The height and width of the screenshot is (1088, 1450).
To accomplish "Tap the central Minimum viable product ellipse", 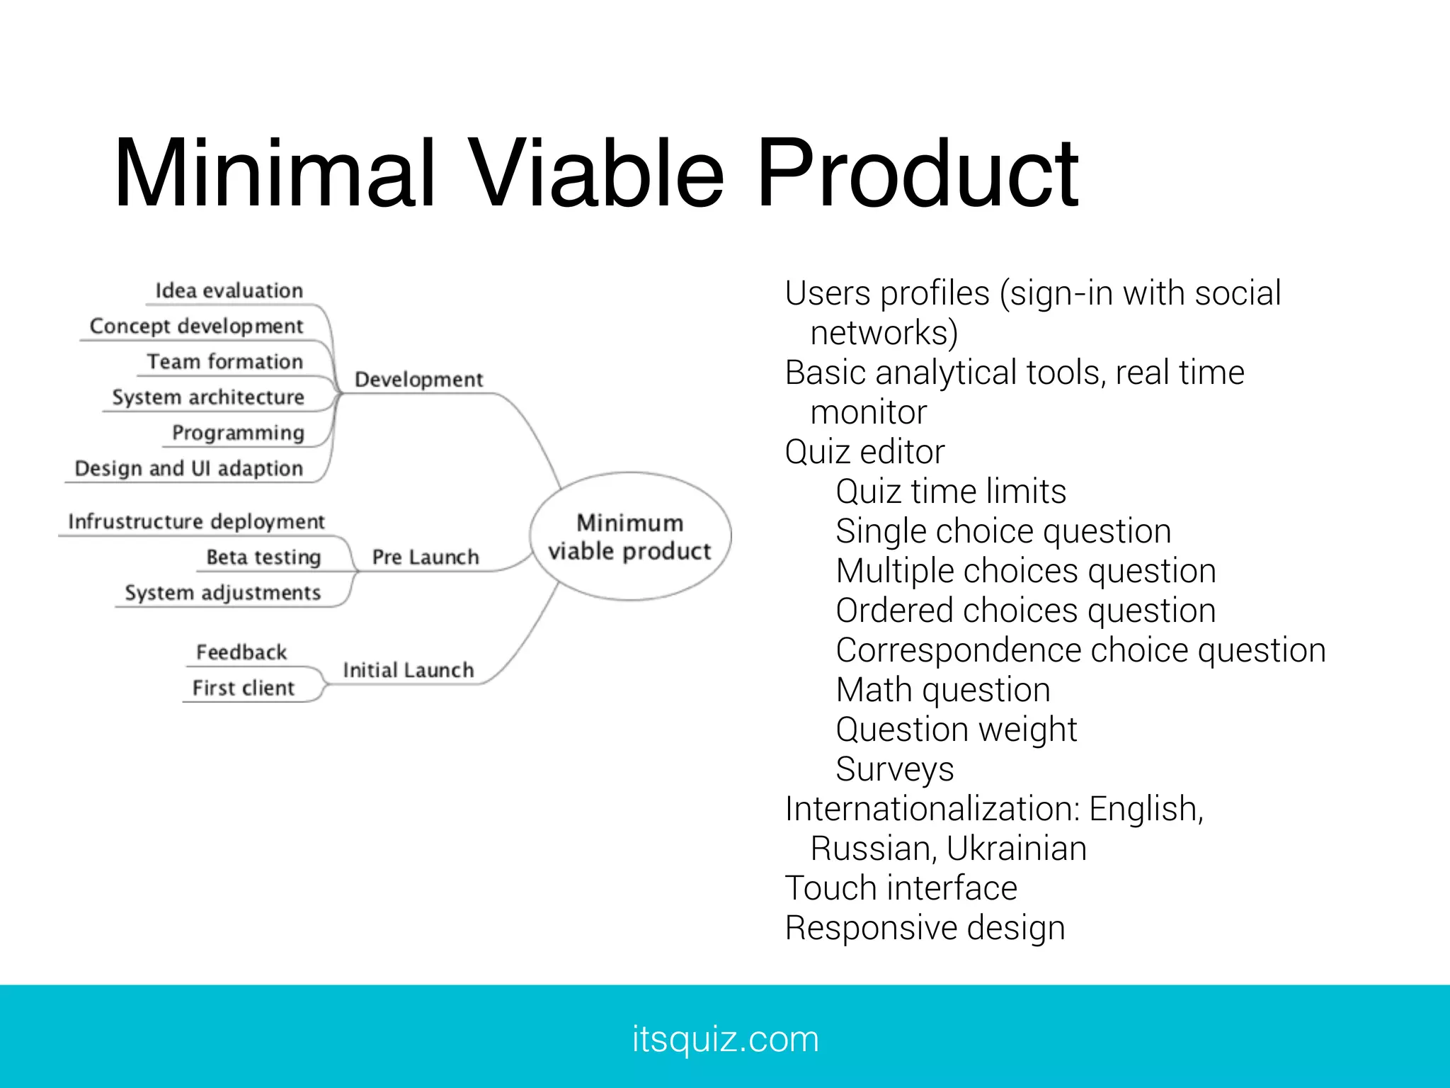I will click(629, 537).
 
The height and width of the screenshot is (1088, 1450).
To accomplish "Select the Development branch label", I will click(418, 380).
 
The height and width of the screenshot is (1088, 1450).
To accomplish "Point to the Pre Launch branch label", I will click(425, 557).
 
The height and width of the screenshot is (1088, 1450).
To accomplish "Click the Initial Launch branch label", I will click(408, 670).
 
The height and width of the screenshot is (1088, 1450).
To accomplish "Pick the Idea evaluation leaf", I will click(229, 291).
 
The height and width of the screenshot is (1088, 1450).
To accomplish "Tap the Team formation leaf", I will click(224, 362).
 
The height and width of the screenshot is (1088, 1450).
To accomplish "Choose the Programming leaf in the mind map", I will click(238, 433).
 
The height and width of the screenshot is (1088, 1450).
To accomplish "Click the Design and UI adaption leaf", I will click(188, 468).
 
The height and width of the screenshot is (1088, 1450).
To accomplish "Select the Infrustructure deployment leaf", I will click(196, 522).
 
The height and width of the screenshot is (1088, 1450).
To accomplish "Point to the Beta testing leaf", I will click(263, 557).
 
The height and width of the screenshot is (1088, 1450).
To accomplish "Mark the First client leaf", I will click(243, 688).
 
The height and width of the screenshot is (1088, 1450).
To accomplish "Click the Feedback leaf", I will click(241, 652).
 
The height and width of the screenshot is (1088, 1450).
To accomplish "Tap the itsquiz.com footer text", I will click(725, 1039).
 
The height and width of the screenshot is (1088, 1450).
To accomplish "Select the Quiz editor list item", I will click(864, 452).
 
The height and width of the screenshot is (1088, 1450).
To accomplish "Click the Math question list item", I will click(942, 690).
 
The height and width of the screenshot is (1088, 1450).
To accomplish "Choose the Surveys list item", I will click(894, 769).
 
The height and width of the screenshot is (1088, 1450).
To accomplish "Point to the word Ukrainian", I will click(1016, 849).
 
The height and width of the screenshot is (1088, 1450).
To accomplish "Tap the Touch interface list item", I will click(901, 888).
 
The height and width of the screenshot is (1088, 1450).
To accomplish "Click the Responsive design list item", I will click(925, 928).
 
